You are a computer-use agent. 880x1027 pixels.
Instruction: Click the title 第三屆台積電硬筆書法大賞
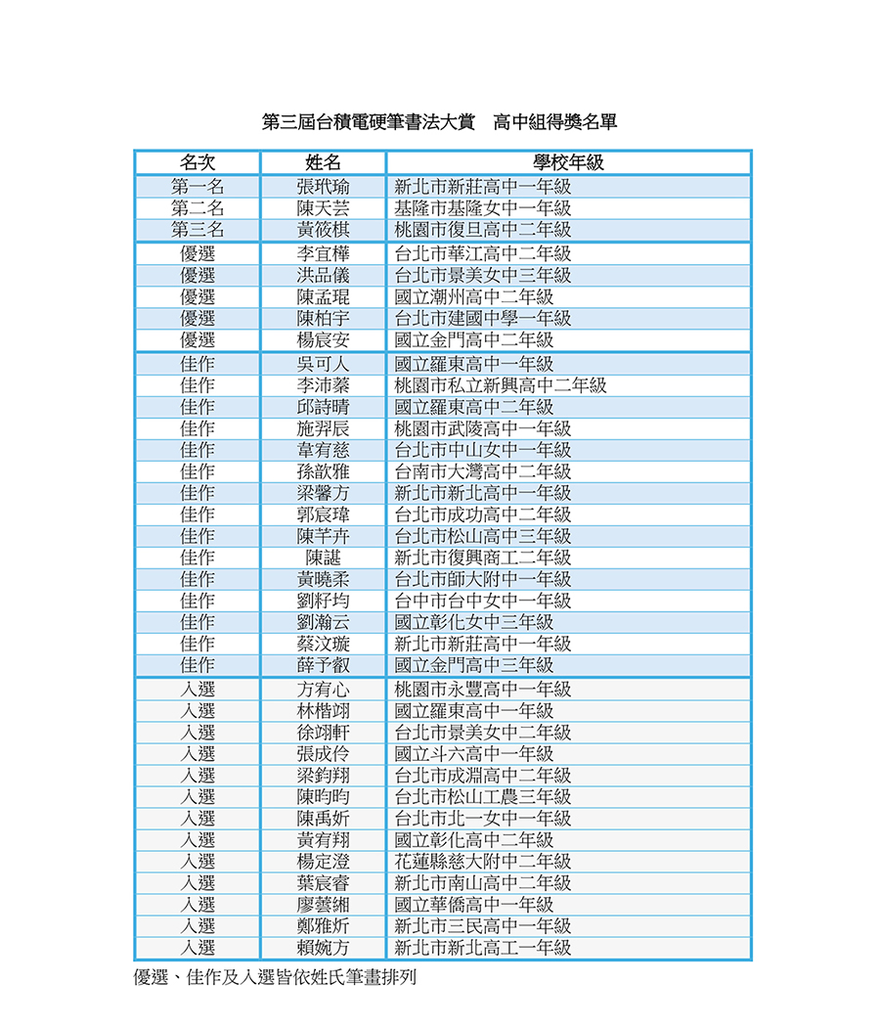(369, 122)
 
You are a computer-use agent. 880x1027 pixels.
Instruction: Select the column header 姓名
(323, 162)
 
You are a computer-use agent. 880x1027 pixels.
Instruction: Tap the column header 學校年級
(568, 162)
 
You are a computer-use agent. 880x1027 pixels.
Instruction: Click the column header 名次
(197, 162)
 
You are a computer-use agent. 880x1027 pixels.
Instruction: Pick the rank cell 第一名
(197, 186)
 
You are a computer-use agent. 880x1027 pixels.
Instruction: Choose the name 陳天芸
(323, 207)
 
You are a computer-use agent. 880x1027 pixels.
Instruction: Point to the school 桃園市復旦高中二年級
(482, 229)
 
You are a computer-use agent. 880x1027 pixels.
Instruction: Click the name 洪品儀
(323, 275)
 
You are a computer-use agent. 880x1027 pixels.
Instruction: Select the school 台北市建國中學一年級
(482, 318)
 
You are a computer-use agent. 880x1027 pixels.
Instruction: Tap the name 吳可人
(323, 364)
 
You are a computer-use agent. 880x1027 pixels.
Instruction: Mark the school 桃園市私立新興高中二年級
(500, 385)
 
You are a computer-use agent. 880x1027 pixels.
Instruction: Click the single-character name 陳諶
(323, 558)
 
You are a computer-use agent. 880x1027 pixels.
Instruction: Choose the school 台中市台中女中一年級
(482, 601)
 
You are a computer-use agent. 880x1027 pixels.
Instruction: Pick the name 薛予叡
(323, 665)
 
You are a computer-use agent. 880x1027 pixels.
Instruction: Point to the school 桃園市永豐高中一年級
(482, 690)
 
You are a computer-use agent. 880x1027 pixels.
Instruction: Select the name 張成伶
(323, 754)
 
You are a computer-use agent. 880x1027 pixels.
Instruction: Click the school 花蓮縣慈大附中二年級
(482, 862)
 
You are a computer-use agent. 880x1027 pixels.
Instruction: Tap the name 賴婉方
(323, 947)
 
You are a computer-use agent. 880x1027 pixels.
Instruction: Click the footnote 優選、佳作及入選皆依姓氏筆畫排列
(275, 976)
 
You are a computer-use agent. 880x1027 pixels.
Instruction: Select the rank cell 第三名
(197, 229)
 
